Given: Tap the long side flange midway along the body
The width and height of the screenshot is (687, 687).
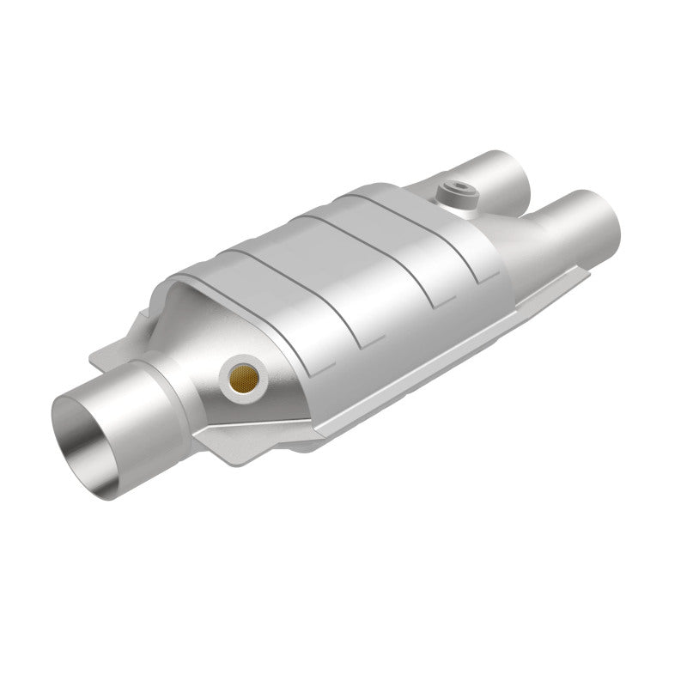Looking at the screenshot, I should (x=429, y=361).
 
